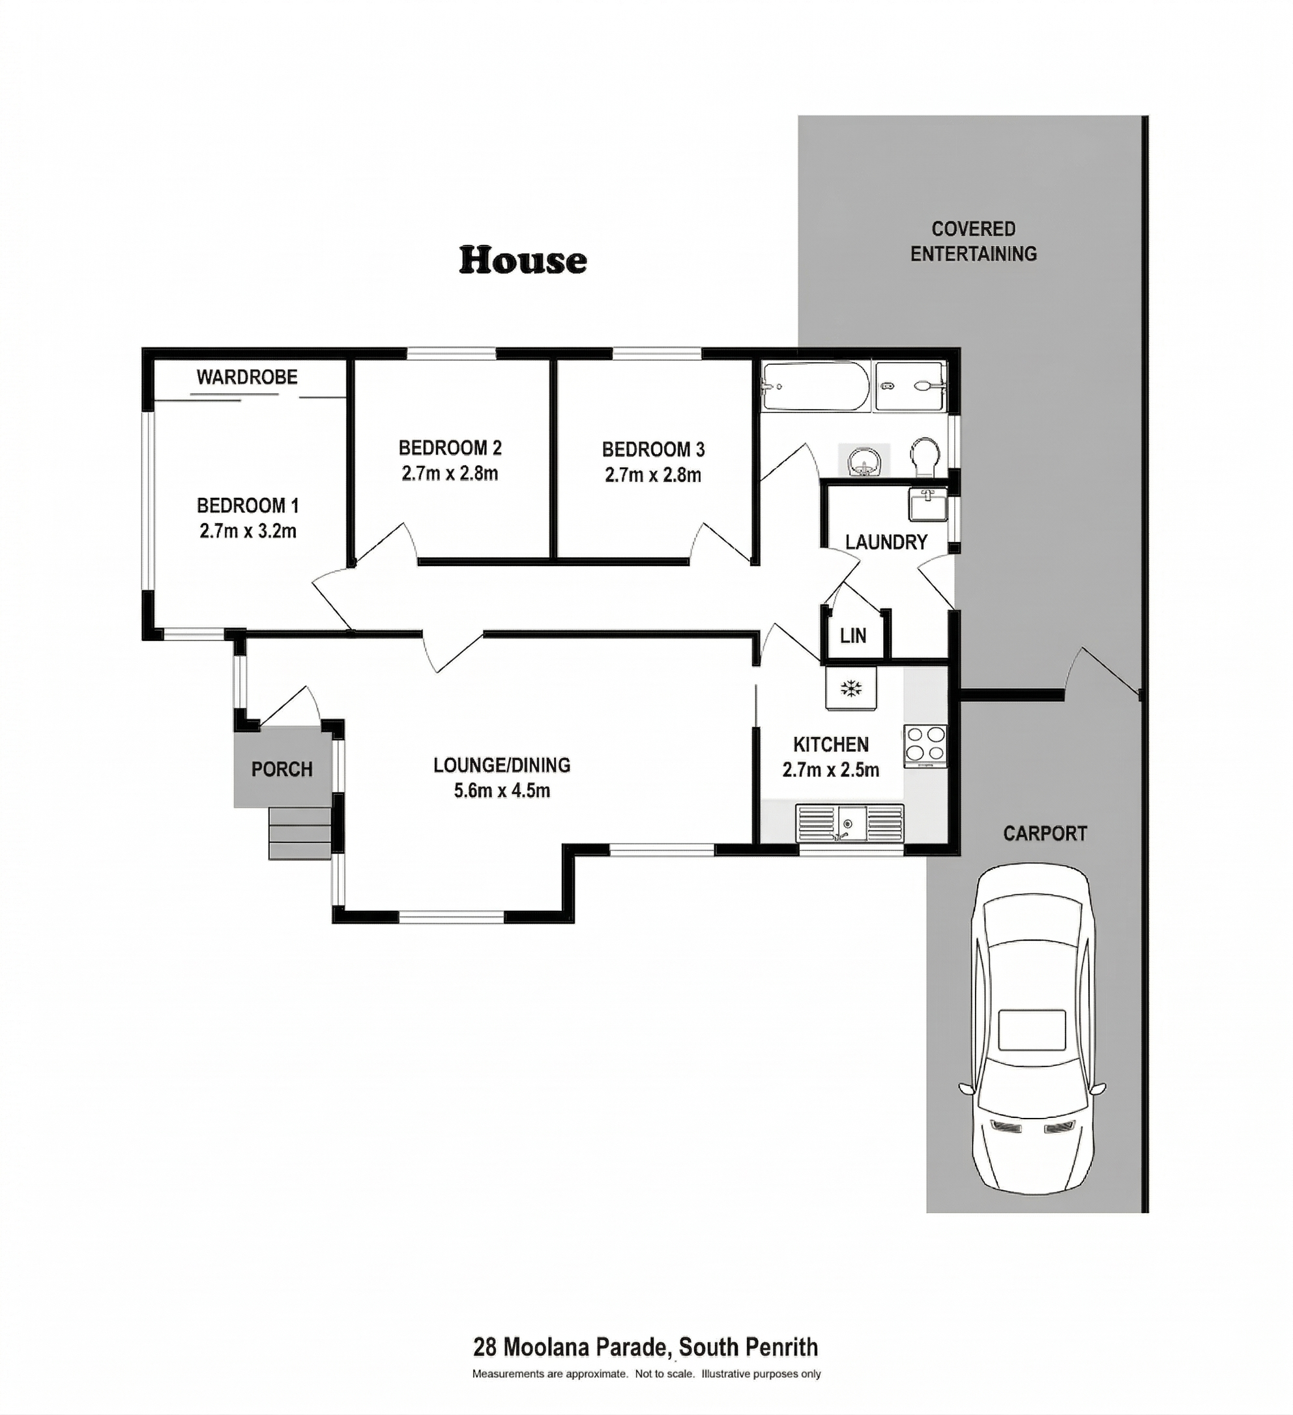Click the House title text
click(x=523, y=261)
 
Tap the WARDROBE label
click(x=247, y=378)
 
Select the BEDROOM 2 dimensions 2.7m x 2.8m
click(x=450, y=474)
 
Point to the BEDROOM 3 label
click(x=653, y=450)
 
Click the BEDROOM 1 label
click(x=248, y=506)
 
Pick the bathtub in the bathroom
click(x=815, y=386)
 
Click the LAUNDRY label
click(x=886, y=542)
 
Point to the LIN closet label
click(x=853, y=636)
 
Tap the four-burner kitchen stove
click(x=925, y=745)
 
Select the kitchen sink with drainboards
click(x=849, y=823)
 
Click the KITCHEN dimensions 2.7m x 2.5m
click(x=831, y=770)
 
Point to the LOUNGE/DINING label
click(x=502, y=765)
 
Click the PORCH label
click(x=282, y=769)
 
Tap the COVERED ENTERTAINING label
click(x=974, y=242)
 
